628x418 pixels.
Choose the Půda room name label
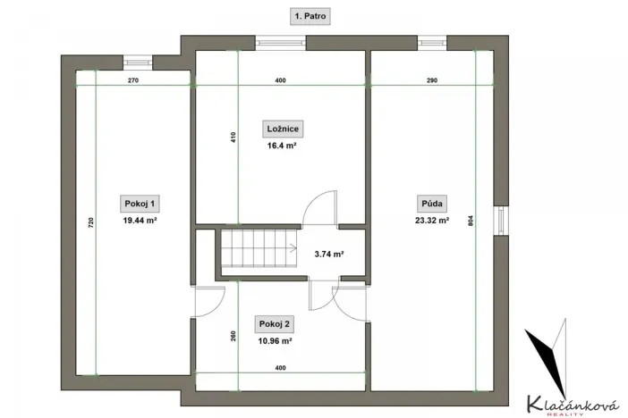[431, 202]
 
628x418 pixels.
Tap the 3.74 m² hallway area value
[329, 254]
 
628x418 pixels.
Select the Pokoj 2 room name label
[274, 323]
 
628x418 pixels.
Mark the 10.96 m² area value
[274, 340]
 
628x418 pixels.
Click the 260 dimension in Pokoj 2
[233, 337]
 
